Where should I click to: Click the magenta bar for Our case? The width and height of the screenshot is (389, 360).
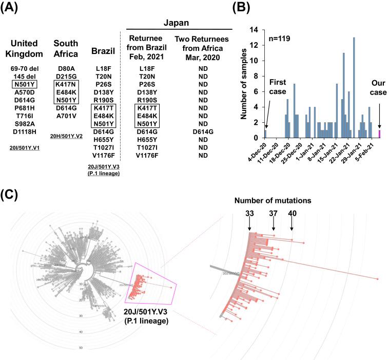tap(380, 134)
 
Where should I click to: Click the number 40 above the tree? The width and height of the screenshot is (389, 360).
tap(291, 213)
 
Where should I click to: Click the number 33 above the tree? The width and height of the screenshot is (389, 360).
tap(249, 213)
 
